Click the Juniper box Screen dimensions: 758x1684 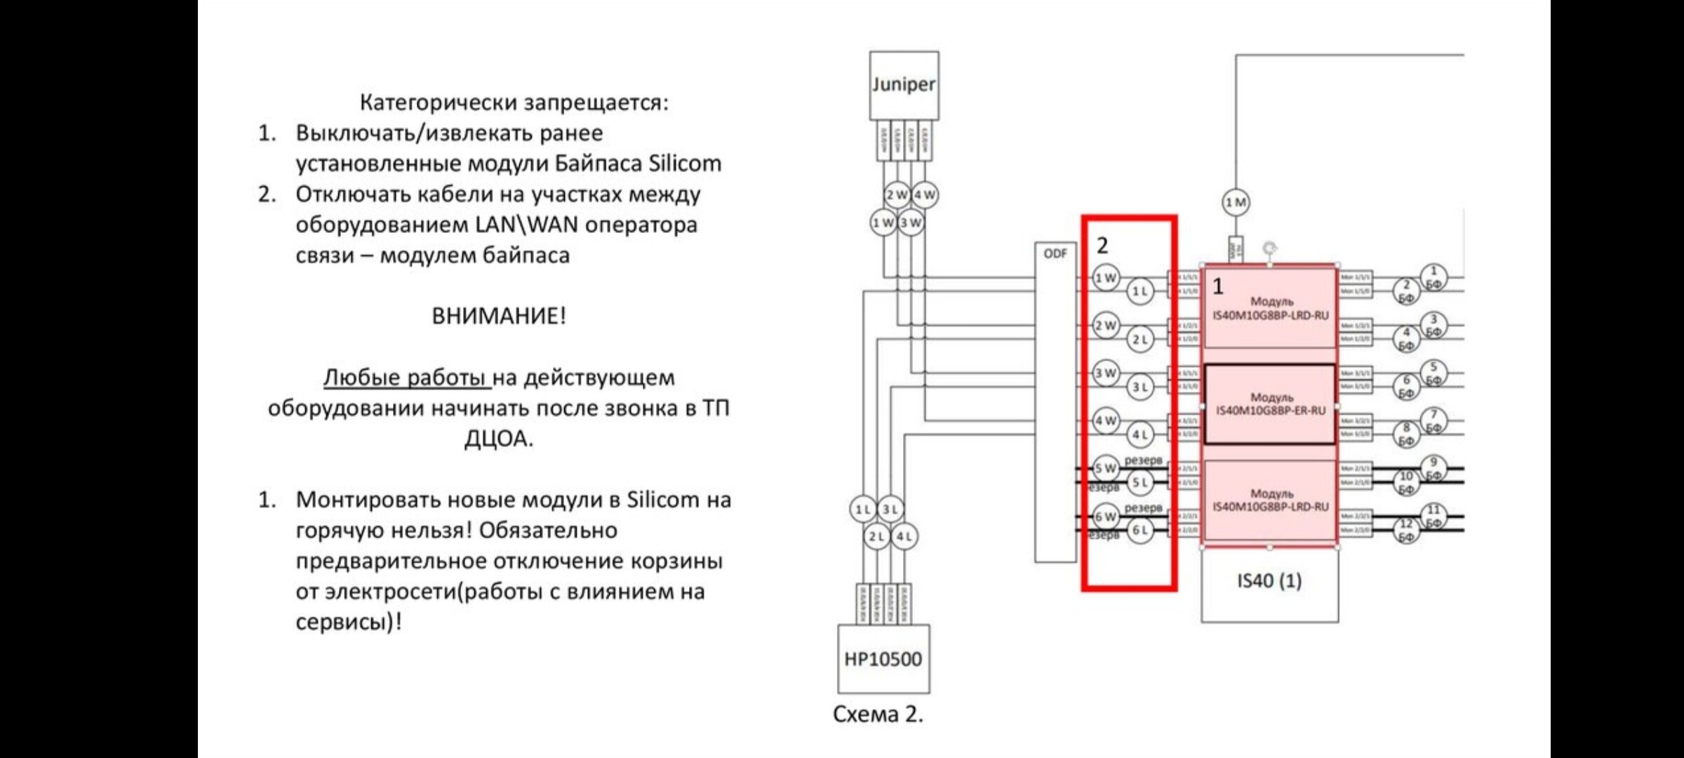tap(904, 85)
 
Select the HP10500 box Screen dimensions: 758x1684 tap(883, 658)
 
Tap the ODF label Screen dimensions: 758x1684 tap(1055, 253)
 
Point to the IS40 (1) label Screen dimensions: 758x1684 tap(1269, 581)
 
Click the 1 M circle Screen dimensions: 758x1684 tap(1236, 203)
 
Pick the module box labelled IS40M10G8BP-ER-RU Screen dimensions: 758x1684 tap(1270, 404)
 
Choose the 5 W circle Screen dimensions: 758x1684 tap(1106, 468)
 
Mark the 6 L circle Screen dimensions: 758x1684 tap(1140, 530)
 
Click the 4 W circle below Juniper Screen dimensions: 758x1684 tap(924, 195)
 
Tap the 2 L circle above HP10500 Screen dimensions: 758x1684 tap(876, 537)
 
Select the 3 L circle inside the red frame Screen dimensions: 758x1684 tap(1140, 387)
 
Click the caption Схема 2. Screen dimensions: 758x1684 tap(878, 714)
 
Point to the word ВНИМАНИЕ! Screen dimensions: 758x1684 tap(498, 316)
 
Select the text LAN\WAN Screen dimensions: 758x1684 tap(526, 225)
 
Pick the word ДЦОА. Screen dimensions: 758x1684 tap(498, 439)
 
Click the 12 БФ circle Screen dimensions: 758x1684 tap(1406, 531)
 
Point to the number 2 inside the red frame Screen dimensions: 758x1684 tap(1102, 245)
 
